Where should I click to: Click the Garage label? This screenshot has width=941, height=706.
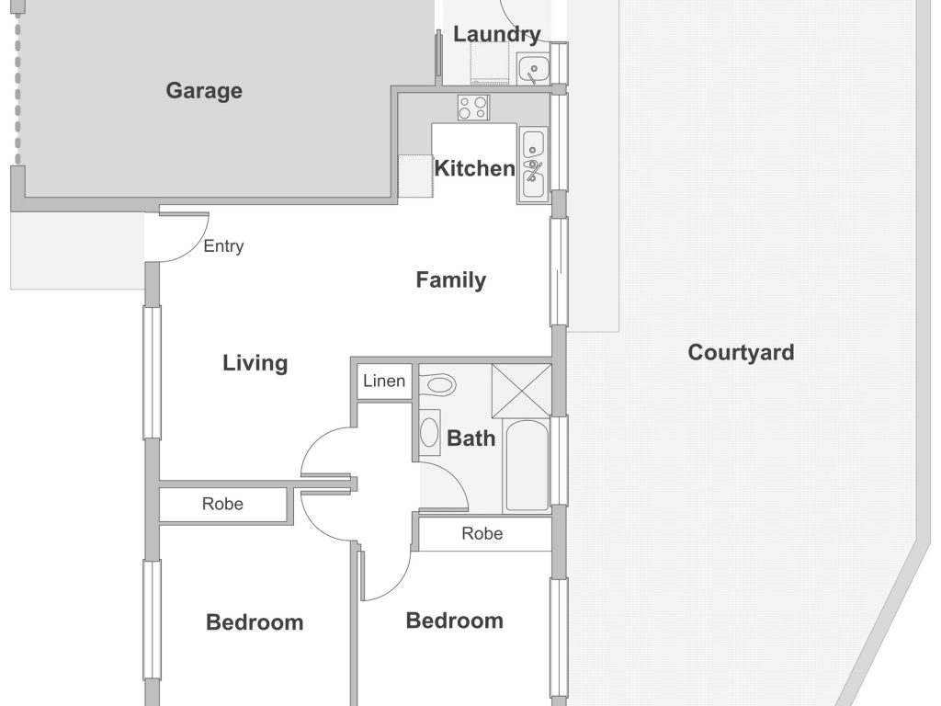click(204, 91)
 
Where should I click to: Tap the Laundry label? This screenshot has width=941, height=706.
click(497, 34)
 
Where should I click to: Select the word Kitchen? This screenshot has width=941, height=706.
click(474, 168)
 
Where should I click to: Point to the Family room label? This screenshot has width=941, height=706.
click(450, 279)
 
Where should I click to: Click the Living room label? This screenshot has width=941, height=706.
click(255, 363)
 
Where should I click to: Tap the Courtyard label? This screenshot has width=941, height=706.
click(741, 352)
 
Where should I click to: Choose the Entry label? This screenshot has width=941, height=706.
click(223, 246)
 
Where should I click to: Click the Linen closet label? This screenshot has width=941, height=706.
click(384, 381)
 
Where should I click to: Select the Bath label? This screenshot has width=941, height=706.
click(471, 438)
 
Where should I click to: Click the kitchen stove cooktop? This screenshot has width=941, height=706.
click(473, 108)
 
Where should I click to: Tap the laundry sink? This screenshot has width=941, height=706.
click(533, 69)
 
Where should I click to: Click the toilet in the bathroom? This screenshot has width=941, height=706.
click(438, 383)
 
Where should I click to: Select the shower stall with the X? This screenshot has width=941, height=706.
click(521, 390)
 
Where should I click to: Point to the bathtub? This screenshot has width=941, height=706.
click(527, 465)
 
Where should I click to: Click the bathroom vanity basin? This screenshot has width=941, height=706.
click(429, 432)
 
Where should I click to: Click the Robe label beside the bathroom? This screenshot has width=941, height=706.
click(482, 534)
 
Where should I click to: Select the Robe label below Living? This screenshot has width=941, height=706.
click(222, 504)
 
